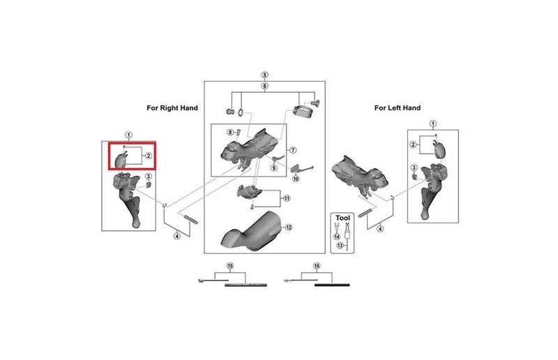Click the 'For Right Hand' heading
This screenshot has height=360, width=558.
(x=172, y=108)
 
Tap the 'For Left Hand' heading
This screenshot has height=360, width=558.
(x=397, y=108)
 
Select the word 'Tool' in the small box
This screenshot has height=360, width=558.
(x=342, y=218)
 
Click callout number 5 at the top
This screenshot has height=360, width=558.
(x=264, y=75)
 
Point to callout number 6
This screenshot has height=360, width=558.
(x=264, y=86)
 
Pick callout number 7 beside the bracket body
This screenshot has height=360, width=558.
(x=293, y=150)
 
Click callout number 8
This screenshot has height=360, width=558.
(x=230, y=133)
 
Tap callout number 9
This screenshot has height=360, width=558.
(x=273, y=167)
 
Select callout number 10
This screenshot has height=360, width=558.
(x=296, y=179)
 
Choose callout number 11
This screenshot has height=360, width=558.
(x=287, y=198)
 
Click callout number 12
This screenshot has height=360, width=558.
(x=289, y=227)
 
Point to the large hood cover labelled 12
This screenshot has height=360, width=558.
(x=252, y=230)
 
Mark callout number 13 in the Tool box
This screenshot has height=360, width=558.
(x=340, y=246)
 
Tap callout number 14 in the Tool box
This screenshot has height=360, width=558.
(x=337, y=237)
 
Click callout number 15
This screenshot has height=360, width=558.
(x=230, y=266)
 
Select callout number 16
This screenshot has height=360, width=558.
(x=317, y=266)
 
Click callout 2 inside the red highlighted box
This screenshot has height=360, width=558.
(x=148, y=156)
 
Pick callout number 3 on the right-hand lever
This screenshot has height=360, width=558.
(x=149, y=177)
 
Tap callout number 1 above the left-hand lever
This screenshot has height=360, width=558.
(x=432, y=124)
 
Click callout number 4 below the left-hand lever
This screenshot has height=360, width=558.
(x=380, y=229)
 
